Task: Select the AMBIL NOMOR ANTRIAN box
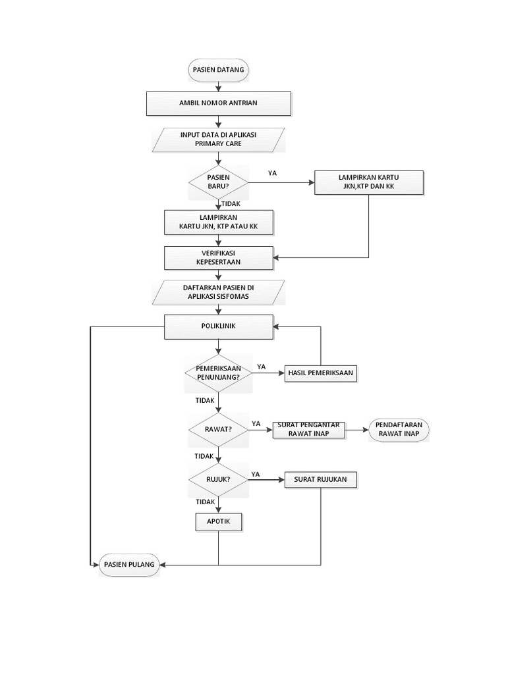[x=218, y=103]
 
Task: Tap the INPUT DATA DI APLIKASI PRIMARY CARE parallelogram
[x=218, y=138]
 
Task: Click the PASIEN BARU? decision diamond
[x=218, y=181]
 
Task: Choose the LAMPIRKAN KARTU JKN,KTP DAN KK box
[x=369, y=182]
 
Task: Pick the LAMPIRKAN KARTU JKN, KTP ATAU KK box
[x=218, y=222]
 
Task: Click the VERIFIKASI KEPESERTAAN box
[x=218, y=257]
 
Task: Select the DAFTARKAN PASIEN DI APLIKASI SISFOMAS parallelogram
[x=218, y=292]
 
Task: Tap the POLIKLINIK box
[x=218, y=326]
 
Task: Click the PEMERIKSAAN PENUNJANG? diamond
[x=218, y=373]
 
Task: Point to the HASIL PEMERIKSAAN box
[x=320, y=373]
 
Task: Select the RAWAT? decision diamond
[x=218, y=428]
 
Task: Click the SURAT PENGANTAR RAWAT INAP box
[x=309, y=429]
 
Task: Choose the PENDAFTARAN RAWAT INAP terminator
[x=398, y=429]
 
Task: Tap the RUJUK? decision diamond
[x=218, y=479]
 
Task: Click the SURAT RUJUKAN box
[x=321, y=479]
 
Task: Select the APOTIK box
[x=218, y=522]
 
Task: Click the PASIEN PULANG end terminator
[x=129, y=564]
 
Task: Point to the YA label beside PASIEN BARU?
[x=272, y=173]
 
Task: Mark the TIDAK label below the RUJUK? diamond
[x=206, y=502]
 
